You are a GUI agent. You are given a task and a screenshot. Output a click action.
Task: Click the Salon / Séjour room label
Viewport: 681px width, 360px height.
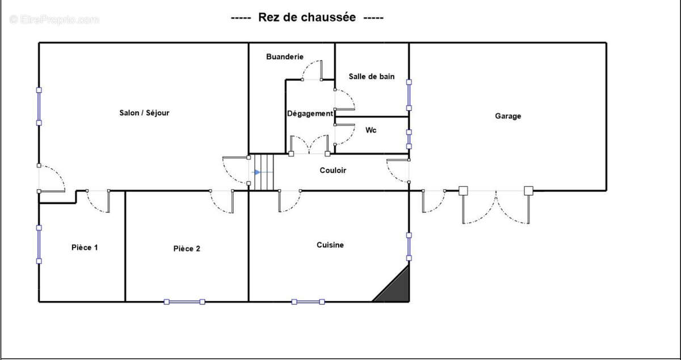(x=144, y=112)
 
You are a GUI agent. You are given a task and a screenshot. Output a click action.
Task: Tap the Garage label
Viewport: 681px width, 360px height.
(x=508, y=116)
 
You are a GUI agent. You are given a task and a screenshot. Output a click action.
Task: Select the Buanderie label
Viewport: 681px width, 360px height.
(x=285, y=57)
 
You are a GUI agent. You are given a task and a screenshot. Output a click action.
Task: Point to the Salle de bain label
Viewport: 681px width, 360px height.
(x=372, y=77)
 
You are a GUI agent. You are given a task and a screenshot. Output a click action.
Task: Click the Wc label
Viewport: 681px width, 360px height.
(x=371, y=130)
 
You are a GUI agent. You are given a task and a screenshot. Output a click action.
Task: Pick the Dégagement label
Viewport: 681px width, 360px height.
(x=310, y=114)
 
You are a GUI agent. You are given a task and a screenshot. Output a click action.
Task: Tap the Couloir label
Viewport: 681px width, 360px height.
(x=333, y=170)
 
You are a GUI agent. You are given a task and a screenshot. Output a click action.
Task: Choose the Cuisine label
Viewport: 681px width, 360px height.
(x=330, y=245)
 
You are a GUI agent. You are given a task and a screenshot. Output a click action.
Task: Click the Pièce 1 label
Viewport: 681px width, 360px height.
(x=85, y=247)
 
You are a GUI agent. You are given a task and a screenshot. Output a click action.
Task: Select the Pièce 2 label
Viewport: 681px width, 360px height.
(x=187, y=248)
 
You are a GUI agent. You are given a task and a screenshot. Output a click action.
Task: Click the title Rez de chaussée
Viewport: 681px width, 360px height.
(x=307, y=18)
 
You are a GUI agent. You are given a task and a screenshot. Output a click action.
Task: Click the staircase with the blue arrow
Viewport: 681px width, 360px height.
(x=263, y=172)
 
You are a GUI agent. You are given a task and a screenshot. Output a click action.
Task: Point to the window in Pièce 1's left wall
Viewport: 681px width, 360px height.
(x=39, y=244)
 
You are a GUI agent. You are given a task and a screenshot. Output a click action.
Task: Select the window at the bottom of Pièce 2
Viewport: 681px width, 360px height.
(x=184, y=302)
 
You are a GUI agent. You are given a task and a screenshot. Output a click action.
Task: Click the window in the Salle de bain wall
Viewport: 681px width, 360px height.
(x=409, y=94)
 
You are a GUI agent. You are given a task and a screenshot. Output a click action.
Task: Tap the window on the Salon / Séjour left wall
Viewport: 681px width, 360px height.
(x=39, y=106)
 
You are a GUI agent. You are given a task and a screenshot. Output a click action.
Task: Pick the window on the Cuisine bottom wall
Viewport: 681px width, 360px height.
(x=308, y=302)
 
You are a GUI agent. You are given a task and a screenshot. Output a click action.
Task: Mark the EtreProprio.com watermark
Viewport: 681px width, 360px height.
(x=54, y=19)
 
